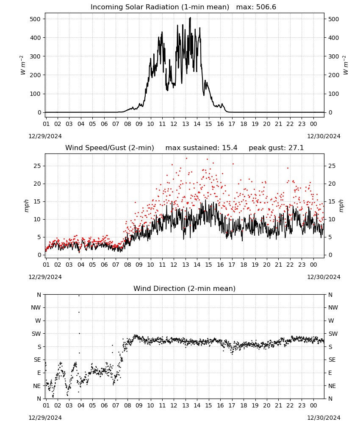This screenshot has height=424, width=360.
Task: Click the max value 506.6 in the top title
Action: [x=266, y=7]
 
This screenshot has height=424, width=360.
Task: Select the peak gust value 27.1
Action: [x=295, y=148]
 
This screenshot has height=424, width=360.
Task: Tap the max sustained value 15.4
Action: [x=230, y=148]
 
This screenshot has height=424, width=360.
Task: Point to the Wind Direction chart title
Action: [x=185, y=288]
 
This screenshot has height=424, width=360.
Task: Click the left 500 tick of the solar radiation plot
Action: [x=36, y=19]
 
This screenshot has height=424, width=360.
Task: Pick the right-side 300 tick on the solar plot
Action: [x=334, y=56]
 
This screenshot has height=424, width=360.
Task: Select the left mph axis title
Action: [x=26, y=206]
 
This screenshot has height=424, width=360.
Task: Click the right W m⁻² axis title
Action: [x=346, y=65]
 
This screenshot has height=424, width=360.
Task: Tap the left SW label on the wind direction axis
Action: [x=36, y=334]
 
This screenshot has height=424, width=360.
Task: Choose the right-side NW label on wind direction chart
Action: [x=333, y=307]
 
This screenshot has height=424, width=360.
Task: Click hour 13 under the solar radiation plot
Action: [x=186, y=124]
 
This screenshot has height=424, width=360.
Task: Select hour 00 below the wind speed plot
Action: [x=313, y=265]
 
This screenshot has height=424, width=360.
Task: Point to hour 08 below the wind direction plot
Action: [x=127, y=405]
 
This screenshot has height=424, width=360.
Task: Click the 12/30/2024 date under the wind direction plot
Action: [x=324, y=418]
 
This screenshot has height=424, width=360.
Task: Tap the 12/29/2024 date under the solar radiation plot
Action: [x=45, y=136]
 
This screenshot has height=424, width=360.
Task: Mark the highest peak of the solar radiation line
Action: [x=191, y=17]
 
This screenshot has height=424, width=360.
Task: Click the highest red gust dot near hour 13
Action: [x=186, y=159]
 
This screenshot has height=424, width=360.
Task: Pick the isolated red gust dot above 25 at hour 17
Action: [x=233, y=164]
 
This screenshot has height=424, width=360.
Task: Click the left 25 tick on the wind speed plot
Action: [x=37, y=166]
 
